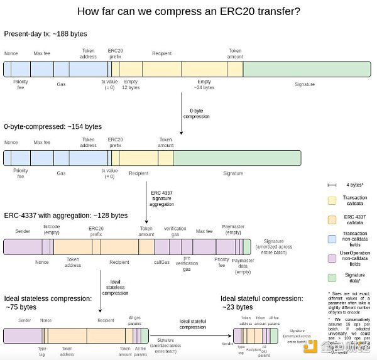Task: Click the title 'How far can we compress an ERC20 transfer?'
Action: pyautogui.click(x=188, y=11)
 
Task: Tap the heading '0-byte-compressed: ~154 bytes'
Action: pyautogui.click(x=53, y=126)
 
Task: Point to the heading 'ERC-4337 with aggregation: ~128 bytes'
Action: pyautogui.click(x=65, y=215)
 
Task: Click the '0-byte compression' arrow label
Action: pyautogui.click(x=196, y=114)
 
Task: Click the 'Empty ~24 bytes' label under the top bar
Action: pyautogui.click(x=204, y=85)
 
